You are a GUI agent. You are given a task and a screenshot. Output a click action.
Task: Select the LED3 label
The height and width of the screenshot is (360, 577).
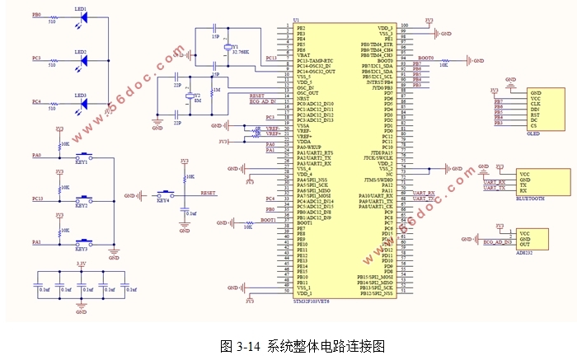(81, 95)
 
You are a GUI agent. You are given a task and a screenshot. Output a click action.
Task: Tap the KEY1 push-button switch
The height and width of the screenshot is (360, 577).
(82, 157)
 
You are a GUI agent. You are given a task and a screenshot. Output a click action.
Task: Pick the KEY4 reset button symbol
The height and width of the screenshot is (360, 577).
(162, 194)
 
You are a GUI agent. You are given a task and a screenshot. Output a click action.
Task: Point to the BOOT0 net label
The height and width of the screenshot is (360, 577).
(425, 58)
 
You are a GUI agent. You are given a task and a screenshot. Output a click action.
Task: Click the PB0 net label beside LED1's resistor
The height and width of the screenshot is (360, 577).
(35, 15)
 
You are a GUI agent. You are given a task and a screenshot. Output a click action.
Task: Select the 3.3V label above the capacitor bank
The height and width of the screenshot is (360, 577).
(81, 263)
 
